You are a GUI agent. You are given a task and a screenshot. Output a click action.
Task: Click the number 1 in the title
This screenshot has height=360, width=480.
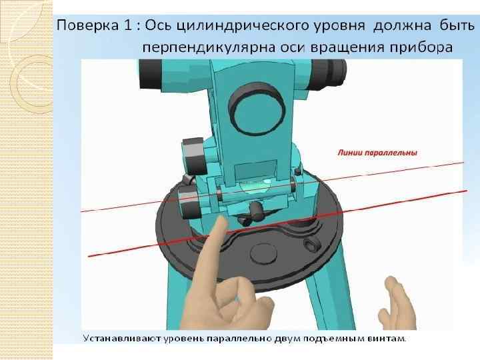(x=128, y=25)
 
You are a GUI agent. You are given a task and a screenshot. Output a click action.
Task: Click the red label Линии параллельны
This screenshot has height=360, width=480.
(x=377, y=153)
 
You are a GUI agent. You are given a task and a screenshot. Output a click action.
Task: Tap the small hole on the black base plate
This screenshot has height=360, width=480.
(x=311, y=244)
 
